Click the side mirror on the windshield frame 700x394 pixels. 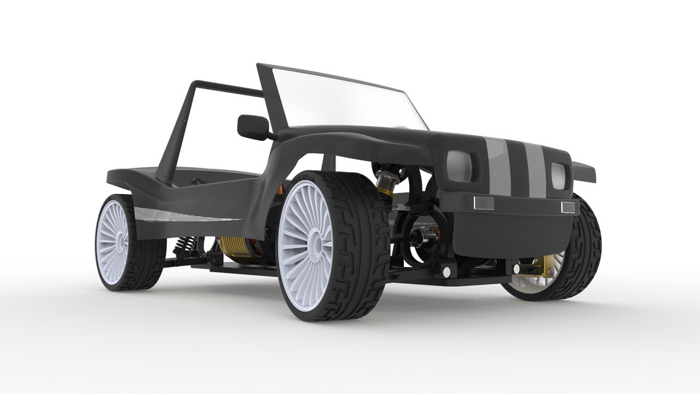click(253, 126)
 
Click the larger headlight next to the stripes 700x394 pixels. click(459, 166)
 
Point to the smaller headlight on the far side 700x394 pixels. click(559, 176)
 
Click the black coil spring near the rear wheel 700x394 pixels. click(186, 245)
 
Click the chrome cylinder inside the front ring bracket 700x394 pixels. click(423, 238)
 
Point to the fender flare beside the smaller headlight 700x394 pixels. click(584, 172)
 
